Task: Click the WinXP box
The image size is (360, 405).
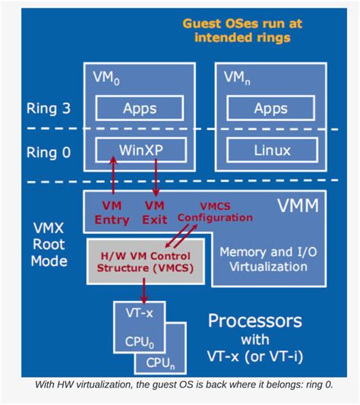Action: coord(141,150)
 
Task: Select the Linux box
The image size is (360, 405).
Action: coord(270,150)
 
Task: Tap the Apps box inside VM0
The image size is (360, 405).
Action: coord(141,109)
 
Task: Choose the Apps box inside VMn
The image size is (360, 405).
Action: coord(270,109)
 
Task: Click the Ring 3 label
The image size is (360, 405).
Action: coord(48,109)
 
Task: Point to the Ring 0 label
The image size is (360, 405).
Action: coord(48,152)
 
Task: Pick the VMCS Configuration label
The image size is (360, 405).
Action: coord(215,211)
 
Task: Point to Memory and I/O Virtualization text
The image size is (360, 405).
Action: coord(263,258)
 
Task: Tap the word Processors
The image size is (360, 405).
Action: coord(254,320)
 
